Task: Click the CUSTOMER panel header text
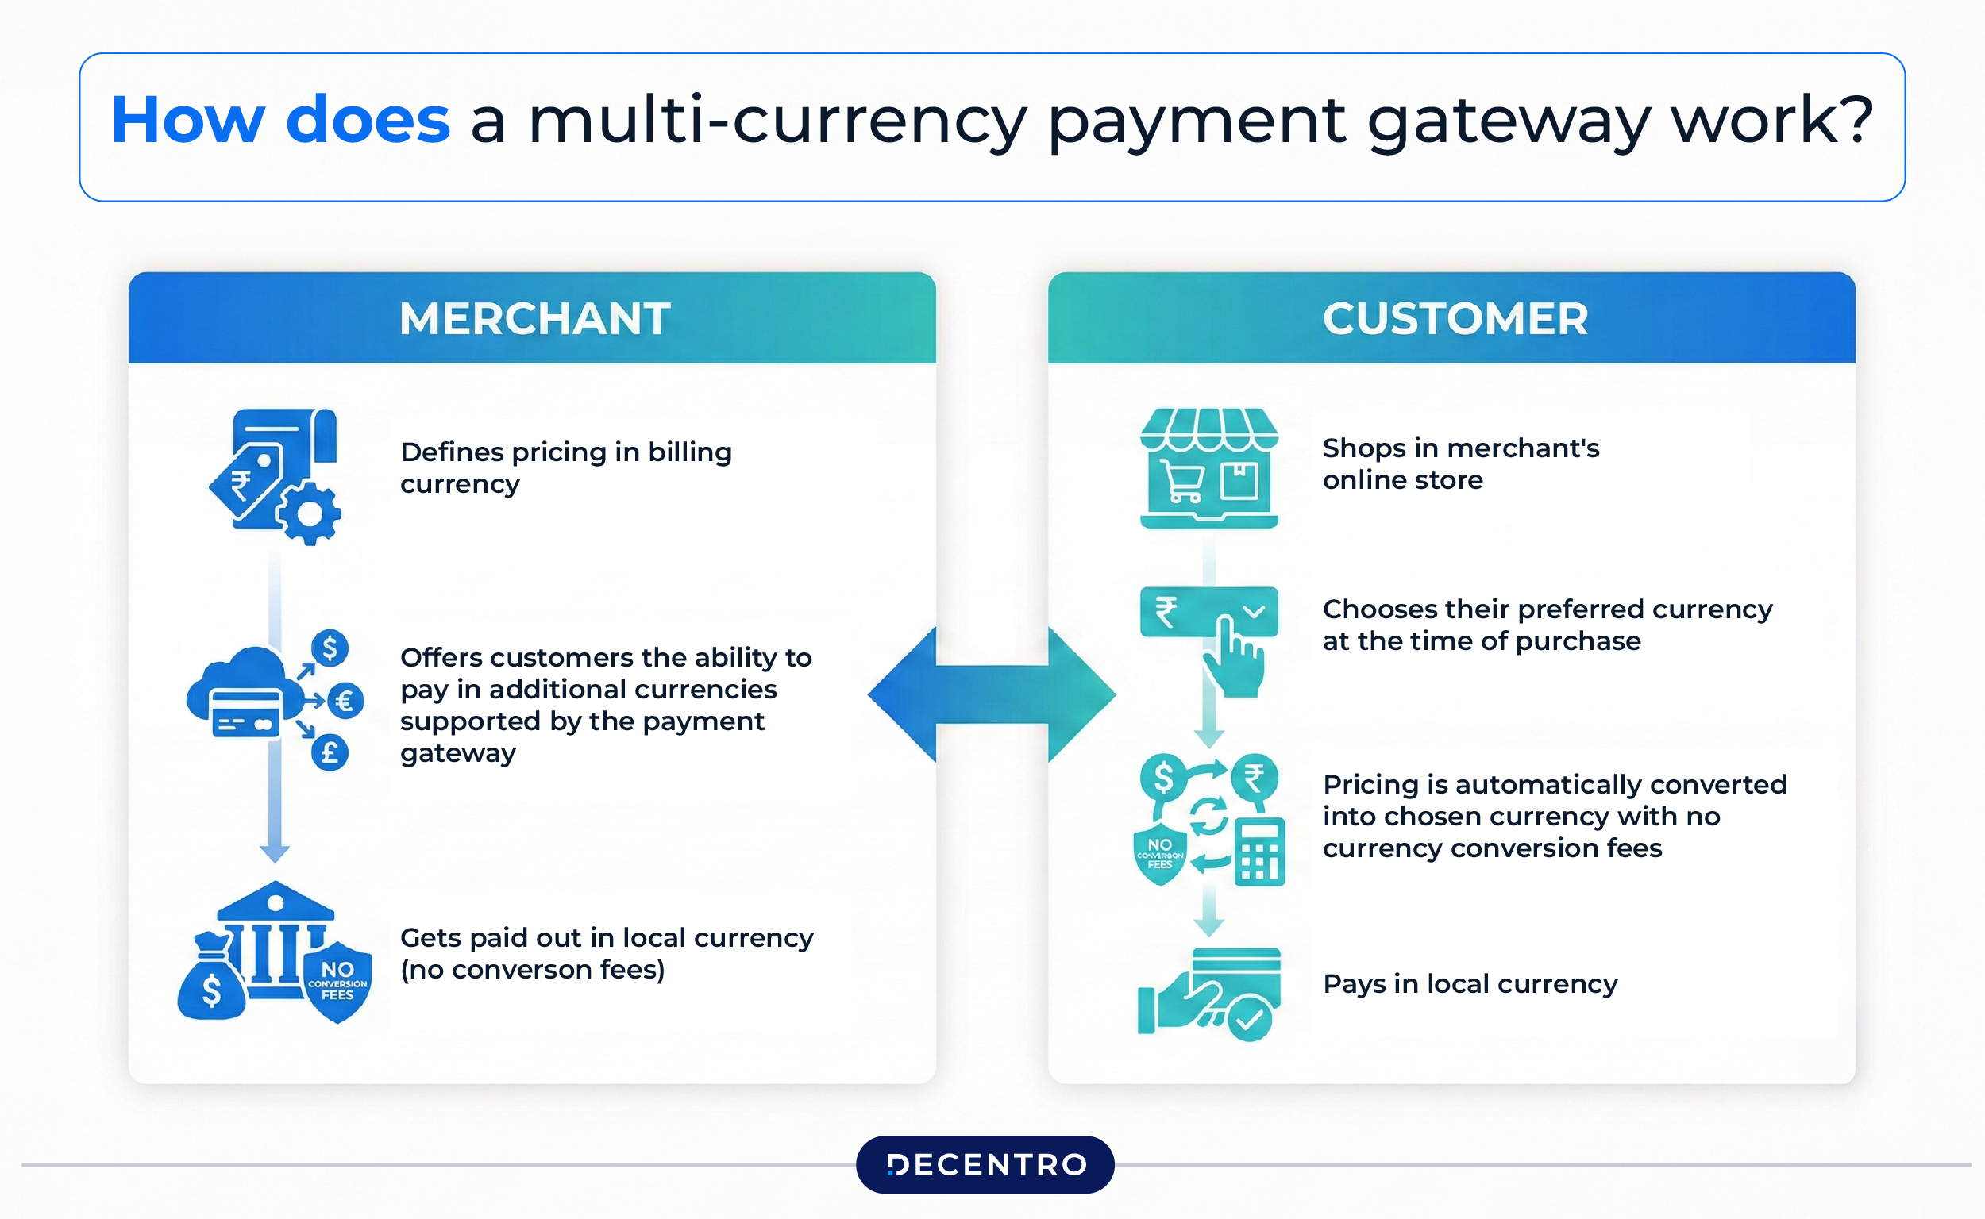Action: point(1455,318)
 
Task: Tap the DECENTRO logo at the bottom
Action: point(985,1164)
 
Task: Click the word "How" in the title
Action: point(188,121)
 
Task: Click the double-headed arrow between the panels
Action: point(991,694)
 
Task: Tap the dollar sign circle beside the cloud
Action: point(330,648)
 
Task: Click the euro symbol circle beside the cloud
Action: point(345,701)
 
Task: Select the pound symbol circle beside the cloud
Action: point(330,753)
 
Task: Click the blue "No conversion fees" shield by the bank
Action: point(338,981)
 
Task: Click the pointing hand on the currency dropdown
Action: point(1233,657)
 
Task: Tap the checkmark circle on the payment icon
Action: point(1250,1020)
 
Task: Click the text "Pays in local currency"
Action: point(1470,983)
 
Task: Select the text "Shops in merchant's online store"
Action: point(1460,463)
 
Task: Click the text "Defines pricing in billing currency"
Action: point(565,467)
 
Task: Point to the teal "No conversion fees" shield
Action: point(1160,854)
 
